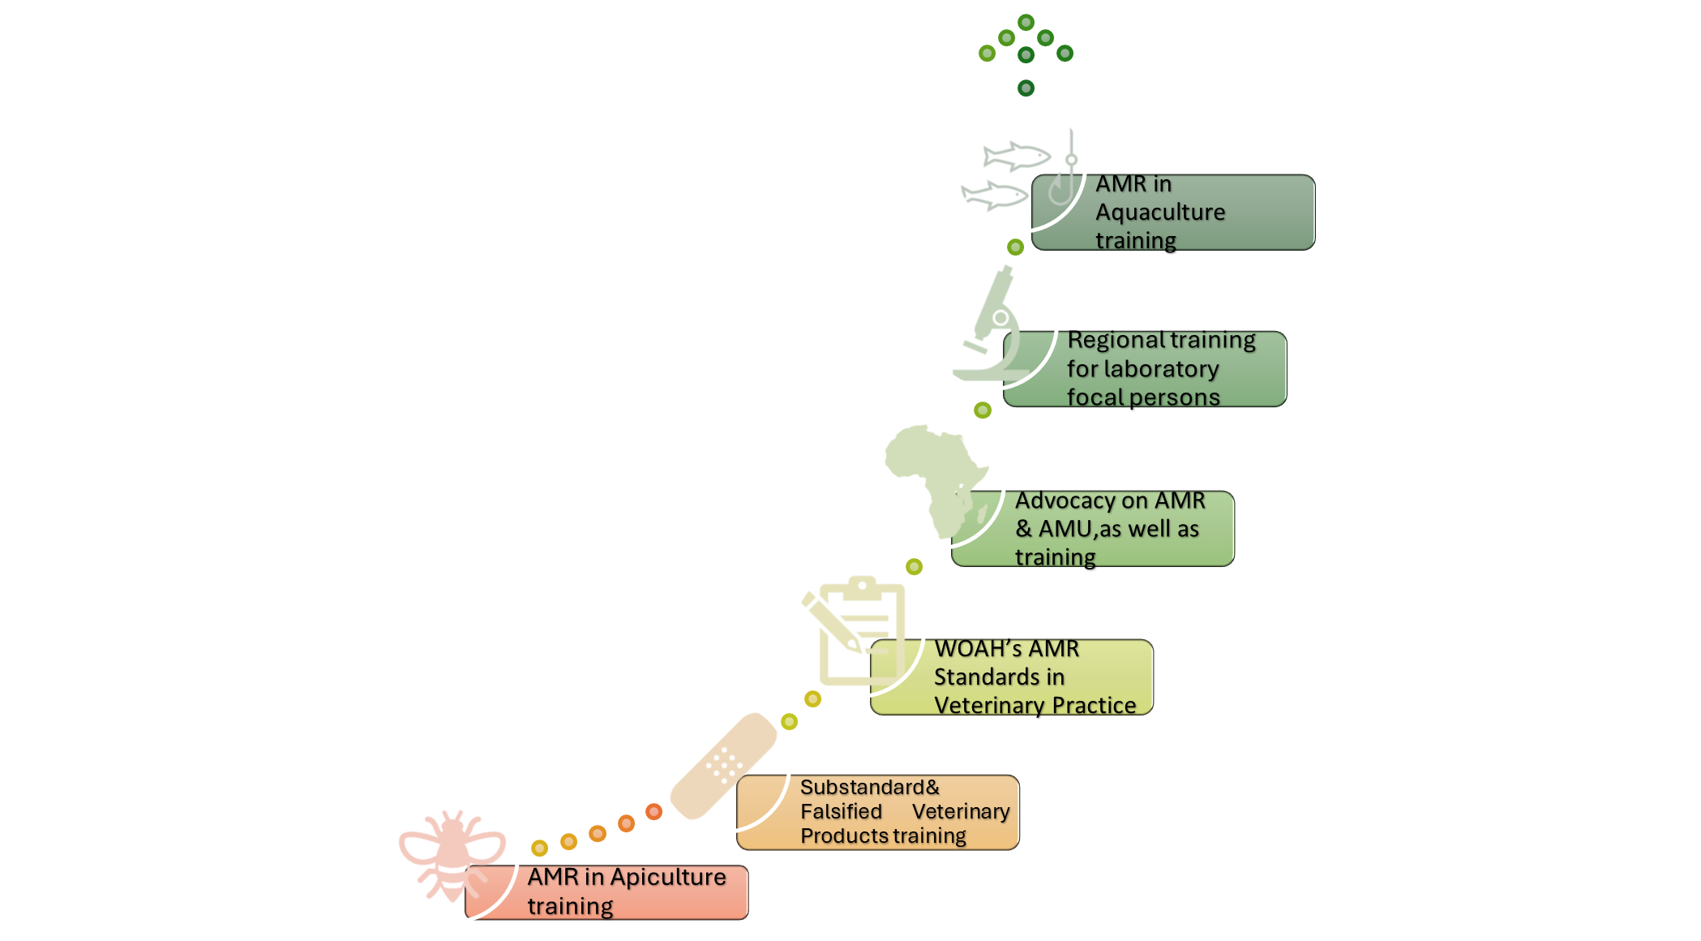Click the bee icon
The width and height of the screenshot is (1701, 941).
[452, 856]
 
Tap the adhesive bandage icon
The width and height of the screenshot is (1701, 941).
[723, 766]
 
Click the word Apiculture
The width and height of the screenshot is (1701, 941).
[668, 877]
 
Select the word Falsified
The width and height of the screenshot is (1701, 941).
[841, 811]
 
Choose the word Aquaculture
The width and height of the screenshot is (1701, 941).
[1160, 213]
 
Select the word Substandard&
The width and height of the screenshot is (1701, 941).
[869, 787]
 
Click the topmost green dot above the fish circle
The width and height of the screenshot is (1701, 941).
[1026, 22]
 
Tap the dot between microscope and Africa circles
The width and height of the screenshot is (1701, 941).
[983, 410]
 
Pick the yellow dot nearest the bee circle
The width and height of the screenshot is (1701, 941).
[539, 848]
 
